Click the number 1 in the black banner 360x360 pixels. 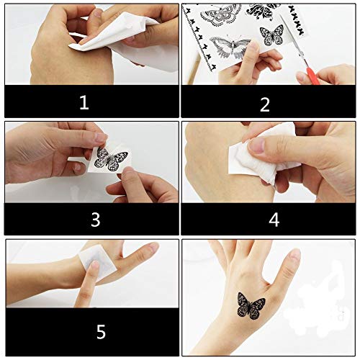coord(84,103)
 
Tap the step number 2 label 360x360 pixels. coord(264,104)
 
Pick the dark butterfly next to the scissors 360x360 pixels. coord(271,35)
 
